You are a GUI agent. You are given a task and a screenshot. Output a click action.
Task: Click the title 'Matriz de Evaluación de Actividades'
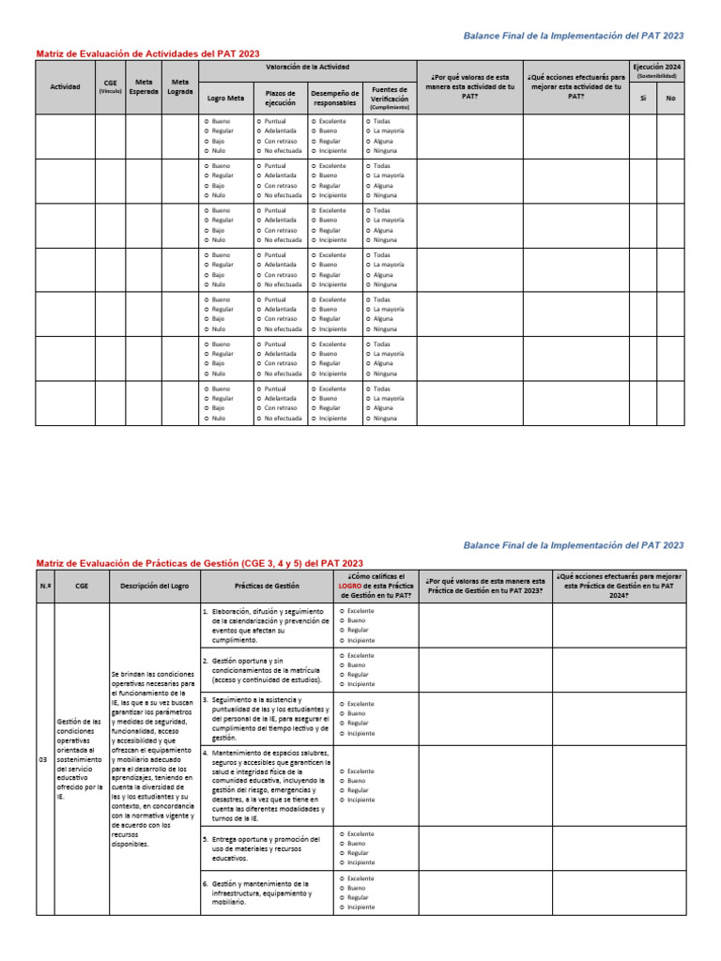click(147, 54)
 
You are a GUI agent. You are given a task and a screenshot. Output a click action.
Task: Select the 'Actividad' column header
click(65, 87)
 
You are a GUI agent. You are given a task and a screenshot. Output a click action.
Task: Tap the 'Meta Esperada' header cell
click(144, 87)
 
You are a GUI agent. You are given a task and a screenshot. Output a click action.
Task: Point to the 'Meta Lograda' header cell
click(179, 87)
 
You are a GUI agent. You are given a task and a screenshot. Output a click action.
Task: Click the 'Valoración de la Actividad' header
click(307, 68)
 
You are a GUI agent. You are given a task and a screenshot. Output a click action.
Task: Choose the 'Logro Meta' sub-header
click(225, 98)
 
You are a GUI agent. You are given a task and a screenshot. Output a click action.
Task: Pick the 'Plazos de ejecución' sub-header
click(280, 98)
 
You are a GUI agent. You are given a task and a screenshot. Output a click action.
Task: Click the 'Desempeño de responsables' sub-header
click(334, 98)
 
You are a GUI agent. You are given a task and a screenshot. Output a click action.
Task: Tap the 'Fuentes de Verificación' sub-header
click(389, 97)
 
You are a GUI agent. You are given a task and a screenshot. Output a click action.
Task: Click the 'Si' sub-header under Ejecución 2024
click(642, 98)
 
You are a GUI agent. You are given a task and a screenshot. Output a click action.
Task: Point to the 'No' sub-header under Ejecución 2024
click(670, 98)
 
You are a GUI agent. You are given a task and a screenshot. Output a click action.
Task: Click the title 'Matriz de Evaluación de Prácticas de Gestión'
click(199, 562)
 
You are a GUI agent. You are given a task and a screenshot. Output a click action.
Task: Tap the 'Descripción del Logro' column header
click(153, 586)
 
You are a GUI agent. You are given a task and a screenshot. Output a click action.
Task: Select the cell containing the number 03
click(43, 759)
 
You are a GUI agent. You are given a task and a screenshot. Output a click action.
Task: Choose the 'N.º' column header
click(43, 586)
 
